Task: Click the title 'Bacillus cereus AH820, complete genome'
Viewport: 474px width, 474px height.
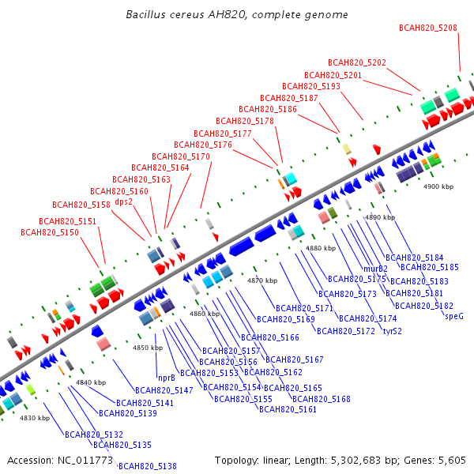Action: pyautogui.click(x=237, y=15)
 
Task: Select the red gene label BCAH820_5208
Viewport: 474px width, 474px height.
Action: pyautogui.click(x=428, y=28)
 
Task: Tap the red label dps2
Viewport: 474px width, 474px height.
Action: pyautogui.click(x=124, y=201)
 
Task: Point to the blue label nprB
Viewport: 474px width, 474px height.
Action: pyautogui.click(x=167, y=378)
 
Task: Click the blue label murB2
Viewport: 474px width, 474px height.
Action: pyautogui.click(x=375, y=269)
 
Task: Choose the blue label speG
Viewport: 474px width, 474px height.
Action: pyautogui.click(x=454, y=316)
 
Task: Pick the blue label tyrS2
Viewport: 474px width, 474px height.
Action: pyautogui.click(x=393, y=331)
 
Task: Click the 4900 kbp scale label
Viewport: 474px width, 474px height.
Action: pyautogui.click(x=438, y=186)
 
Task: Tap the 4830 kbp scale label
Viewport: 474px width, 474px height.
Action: pyautogui.click(x=35, y=418)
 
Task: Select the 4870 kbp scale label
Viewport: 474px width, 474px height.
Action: pyautogui.click(x=262, y=280)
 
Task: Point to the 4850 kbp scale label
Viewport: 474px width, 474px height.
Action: pyautogui.click(x=148, y=348)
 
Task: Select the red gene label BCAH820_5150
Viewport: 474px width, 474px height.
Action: pyautogui.click(x=50, y=232)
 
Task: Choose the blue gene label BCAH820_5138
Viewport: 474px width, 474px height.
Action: pyautogui.click(x=148, y=466)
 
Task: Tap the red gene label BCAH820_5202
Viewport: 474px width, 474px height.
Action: pyautogui.click(x=357, y=62)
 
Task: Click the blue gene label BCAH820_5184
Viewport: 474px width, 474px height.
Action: pyautogui.click(x=415, y=258)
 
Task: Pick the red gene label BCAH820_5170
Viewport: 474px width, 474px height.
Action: pyautogui.click(x=181, y=156)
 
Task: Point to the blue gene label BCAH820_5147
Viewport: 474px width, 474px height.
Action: pyautogui.click(x=164, y=390)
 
